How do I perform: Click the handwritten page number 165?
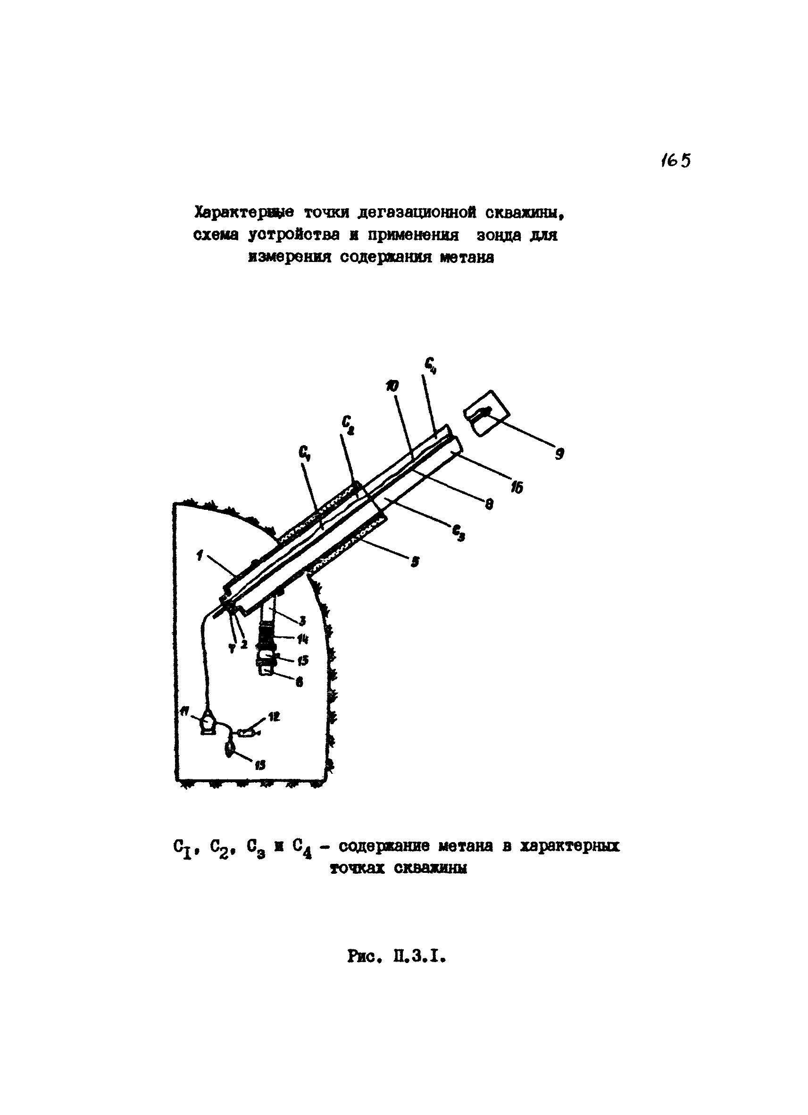pyautogui.click(x=676, y=160)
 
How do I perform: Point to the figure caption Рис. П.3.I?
pyautogui.click(x=396, y=956)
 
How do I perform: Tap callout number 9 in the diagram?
pyautogui.click(x=558, y=454)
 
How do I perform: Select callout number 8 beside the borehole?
pyautogui.click(x=489, y=503)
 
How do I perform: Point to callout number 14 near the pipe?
pyautogui.click(x=302, y=640)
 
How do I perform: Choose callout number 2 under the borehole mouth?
pyautogui.click(x=244, y=644)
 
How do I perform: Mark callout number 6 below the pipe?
pyautogui.click(x=299, y=682)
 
